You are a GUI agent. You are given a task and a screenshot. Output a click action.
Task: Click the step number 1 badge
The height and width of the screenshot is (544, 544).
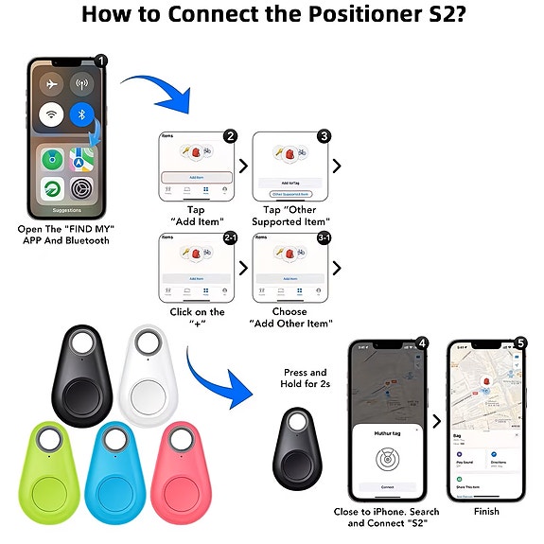pyautogui.click(x=100, y=61)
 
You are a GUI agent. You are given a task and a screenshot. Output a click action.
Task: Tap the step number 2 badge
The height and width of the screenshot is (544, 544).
pyautogui.click(x=230, y=136)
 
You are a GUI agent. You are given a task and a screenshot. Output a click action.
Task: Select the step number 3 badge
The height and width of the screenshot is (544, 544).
pyautogui.click(x=325, y=136)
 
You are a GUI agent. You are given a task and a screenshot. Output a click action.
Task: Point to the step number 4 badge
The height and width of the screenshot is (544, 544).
pyautogui.click(x=422, y=342)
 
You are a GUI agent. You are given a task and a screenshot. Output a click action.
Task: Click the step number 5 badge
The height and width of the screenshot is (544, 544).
pyautogui.click(x=521, y=342)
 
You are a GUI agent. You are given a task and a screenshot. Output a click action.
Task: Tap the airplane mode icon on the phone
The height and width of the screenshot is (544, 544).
pyautogui.click(x=50, y=83)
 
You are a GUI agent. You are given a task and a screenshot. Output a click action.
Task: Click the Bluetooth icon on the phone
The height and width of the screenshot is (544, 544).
pyautogui.click(x=82, y=116)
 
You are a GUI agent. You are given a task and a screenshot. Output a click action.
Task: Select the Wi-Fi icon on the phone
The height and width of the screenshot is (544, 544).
pyautogui.click(x=50, y=116)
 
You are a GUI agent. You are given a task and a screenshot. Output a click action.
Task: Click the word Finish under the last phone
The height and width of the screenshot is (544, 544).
pyautogui.click(x=486, y=512)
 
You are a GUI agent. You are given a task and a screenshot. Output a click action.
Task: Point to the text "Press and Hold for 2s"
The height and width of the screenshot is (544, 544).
pyautogui.click(x=305, y=378)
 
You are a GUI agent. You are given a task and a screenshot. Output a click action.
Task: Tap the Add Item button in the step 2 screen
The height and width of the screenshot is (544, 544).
pyautogui.click(x=196, y=177)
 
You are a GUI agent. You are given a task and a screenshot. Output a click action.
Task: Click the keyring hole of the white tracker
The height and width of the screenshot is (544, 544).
pyautogui.click(x=149, y=342)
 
